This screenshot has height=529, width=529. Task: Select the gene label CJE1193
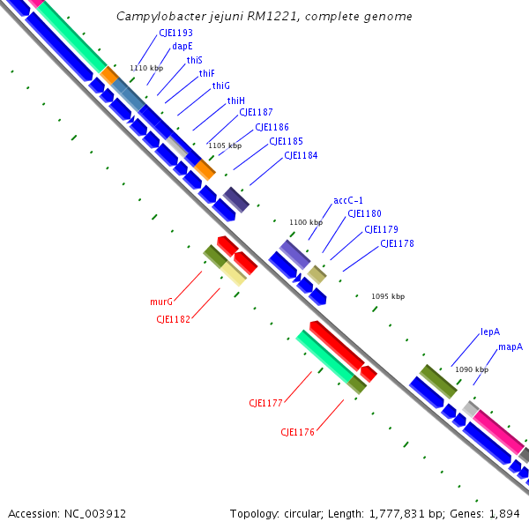click(x=175, y=33)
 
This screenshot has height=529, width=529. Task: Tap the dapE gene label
click(x=183, y=46)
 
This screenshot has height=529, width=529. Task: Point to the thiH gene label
click(x=235, y=101)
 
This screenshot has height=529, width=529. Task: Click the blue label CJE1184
click(x=301, y=155)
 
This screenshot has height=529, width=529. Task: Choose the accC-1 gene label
click(x=348, y=200)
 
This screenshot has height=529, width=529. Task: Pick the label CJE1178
click(x=397, y=243)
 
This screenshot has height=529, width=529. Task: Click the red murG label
click(x=160, y=302)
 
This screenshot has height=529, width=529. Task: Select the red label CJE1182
click(x=173, y=319)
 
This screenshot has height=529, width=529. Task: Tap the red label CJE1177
click(x=265, y=403)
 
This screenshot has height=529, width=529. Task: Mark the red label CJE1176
click(x=298, y=432)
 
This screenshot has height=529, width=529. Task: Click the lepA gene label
click(x=490, y=332)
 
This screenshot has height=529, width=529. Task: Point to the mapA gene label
click(x=510, y=346)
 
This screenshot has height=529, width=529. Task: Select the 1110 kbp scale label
click(x=146, y=68)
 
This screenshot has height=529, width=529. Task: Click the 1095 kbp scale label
click(x=388, y=296)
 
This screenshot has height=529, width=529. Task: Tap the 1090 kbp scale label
click(x=472, y=369)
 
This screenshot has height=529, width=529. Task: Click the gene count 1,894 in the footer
click(x=506, y=513)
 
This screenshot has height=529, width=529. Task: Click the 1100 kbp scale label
click(x=306, y=222)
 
